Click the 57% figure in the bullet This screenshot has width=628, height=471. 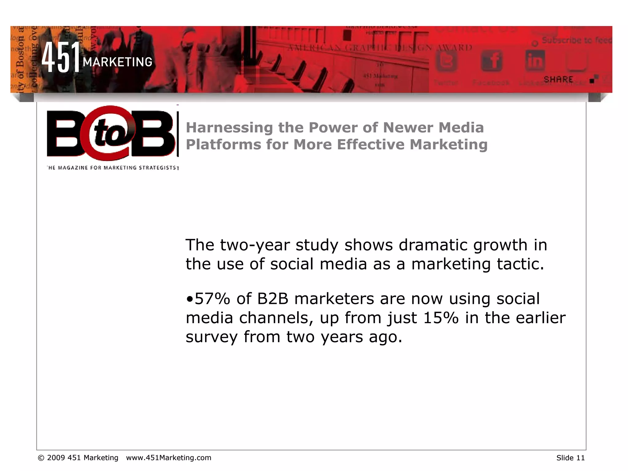(212, 299)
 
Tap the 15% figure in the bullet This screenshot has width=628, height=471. (440, 318)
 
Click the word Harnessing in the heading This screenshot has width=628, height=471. (229, 128)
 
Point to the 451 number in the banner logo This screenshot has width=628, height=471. (61, 57)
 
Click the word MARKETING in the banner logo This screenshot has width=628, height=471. (117, 62)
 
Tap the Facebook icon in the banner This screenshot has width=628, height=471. (491, 61)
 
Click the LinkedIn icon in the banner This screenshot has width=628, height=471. (535, 61)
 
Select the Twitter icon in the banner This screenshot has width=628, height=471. (446, 61)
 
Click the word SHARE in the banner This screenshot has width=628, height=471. (558, 79)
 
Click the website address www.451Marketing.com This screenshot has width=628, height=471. (169, 458)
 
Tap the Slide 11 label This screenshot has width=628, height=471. (570, 458)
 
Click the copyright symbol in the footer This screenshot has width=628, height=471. (41, 458)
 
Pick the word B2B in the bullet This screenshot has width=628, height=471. (273, 299)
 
